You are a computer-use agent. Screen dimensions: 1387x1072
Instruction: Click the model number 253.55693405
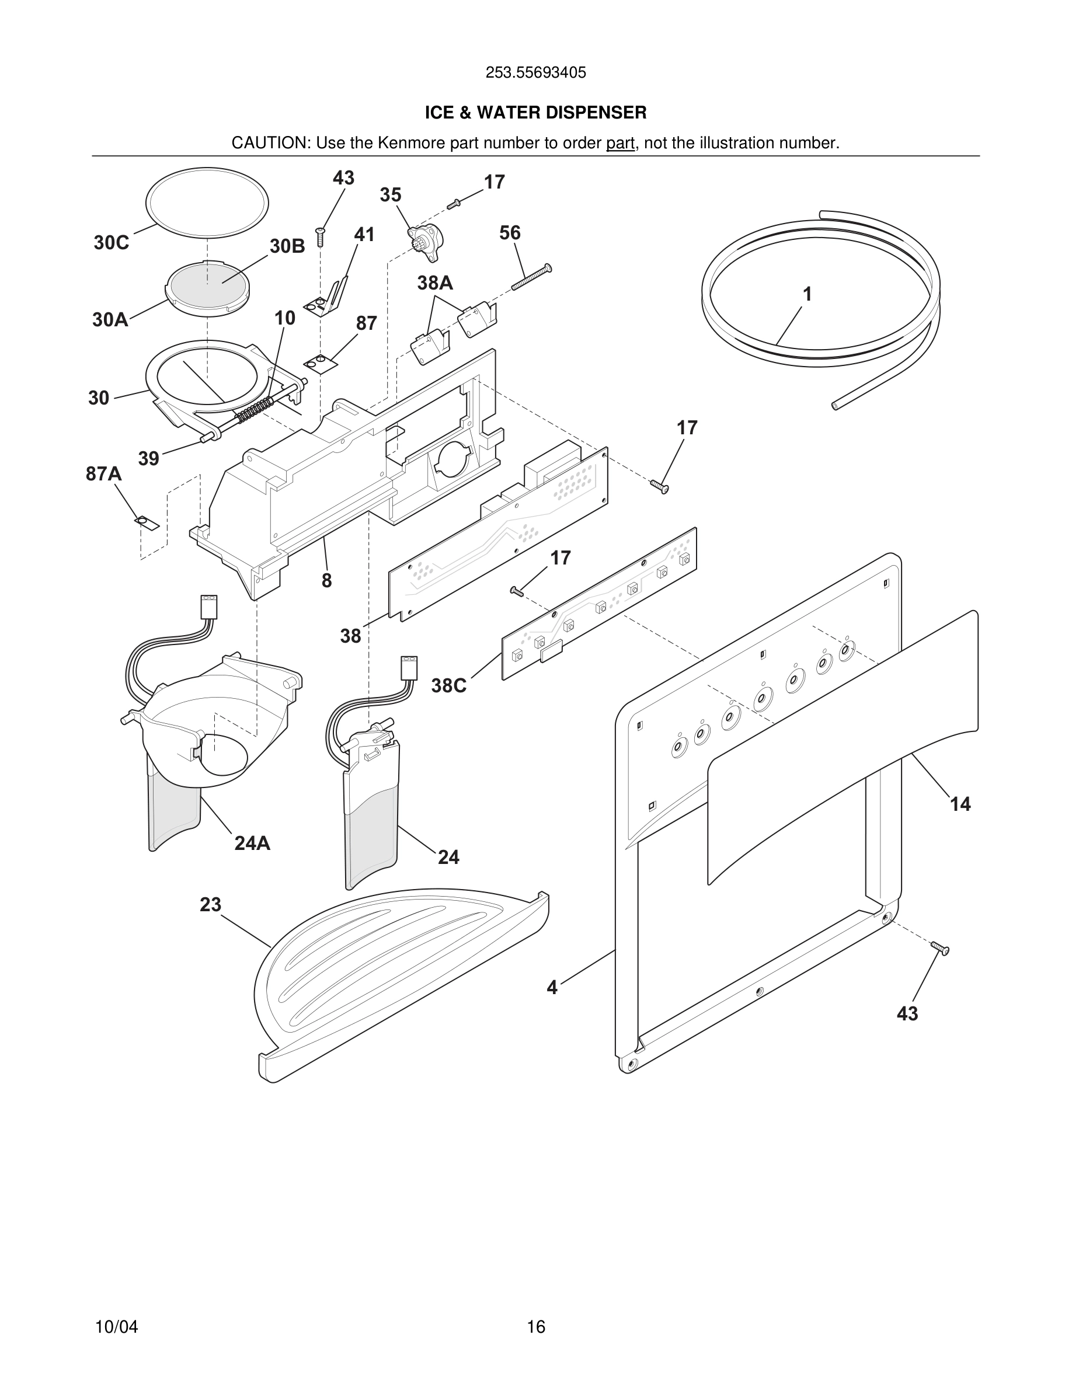(535, 73)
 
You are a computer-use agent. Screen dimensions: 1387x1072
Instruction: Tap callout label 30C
(111, 243)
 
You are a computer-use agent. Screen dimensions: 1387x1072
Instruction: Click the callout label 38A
(435, 283)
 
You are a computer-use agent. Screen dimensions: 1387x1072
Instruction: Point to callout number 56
(510, 233)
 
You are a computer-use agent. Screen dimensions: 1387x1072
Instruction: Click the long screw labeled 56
(531, 277)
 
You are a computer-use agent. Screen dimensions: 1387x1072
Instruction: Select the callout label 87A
(103, 474)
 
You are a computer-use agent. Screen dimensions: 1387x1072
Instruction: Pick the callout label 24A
(252, 844)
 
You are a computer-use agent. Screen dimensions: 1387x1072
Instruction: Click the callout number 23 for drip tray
(210, 904)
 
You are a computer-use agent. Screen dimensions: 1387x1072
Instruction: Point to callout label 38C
(448, 686)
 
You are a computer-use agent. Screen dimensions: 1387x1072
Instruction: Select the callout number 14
(959, 804)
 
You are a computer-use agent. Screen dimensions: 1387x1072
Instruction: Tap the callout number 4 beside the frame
(552, 988)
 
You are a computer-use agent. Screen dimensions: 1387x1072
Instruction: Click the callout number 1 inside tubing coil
(807, 295)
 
